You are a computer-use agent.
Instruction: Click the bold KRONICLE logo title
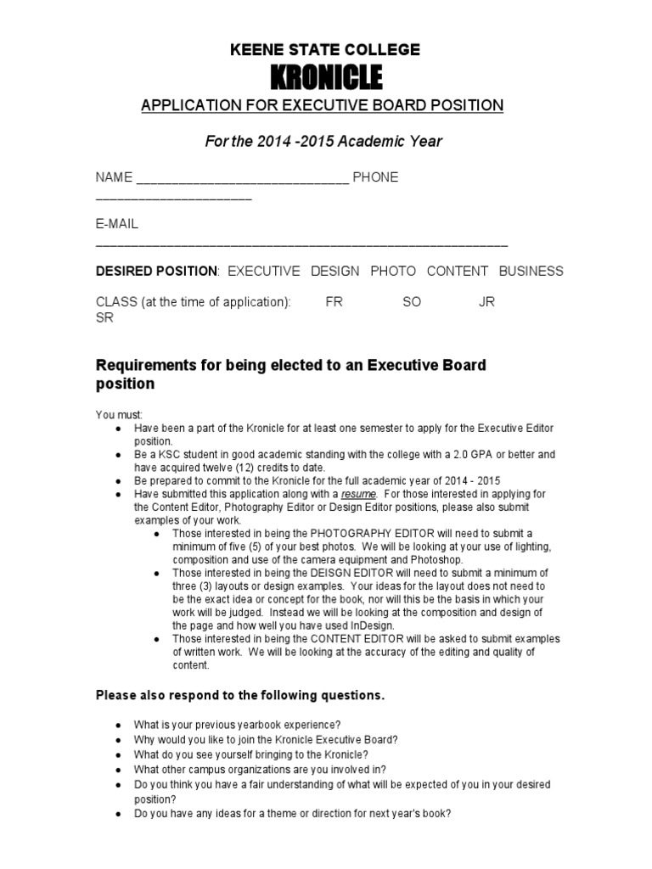point(325,78)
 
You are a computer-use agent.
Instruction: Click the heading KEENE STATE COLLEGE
point(325,50)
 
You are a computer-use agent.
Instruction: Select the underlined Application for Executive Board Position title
point(322,105)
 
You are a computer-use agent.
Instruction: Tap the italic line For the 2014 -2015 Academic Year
point(323,142)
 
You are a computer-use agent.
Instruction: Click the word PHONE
point(375,177)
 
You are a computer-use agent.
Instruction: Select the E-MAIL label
point(117,225)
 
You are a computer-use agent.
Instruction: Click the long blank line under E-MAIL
point(301,244)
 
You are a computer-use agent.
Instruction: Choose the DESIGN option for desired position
point(334,272)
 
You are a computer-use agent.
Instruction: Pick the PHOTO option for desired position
point(393,272)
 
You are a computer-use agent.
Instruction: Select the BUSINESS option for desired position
point(531,272)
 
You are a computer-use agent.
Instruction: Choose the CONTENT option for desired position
point(457,272)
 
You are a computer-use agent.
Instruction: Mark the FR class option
point(334,302)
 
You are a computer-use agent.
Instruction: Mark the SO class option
point(412,302)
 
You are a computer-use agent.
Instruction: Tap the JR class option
point(487,302)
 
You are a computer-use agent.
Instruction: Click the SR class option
point(104,318)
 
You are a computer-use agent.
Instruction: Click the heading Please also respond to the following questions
point(240,695)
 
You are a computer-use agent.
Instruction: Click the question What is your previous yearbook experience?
point(237,725)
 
